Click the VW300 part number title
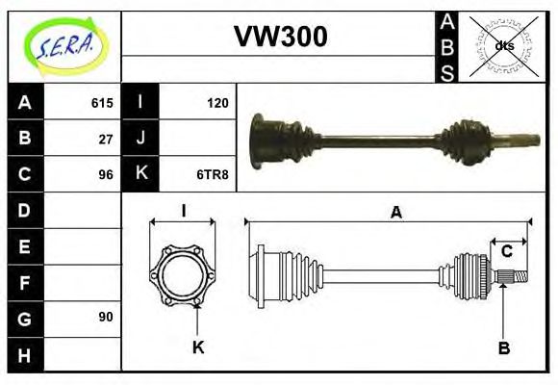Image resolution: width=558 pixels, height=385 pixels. [x=280, y=37]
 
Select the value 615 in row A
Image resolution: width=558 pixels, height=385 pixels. [x=102, y=103]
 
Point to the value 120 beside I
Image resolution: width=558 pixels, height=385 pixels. [x=217, y=103]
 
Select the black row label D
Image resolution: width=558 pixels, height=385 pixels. [x=25, y=210]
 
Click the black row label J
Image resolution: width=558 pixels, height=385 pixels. [x=141, y=139]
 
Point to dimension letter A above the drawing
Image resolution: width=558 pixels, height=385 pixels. [x=395, y=213]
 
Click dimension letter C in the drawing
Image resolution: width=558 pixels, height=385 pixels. [x=507, y=252]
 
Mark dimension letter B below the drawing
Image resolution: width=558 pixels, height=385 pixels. [x=503, y=347]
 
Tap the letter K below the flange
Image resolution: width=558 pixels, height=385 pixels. [x=198, y=347]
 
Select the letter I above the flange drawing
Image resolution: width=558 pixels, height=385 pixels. [x=183, y=210]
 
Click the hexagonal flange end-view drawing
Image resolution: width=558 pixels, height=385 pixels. [x=184, y=275]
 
